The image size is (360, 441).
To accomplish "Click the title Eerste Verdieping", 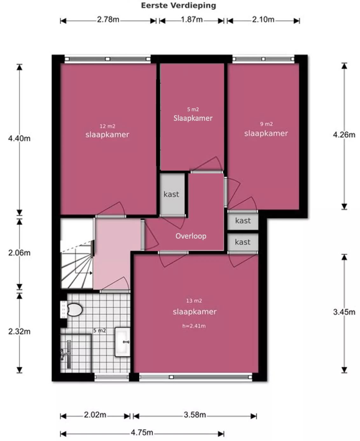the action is click(x=178, y=6).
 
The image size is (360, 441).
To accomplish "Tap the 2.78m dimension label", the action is click(x=108, y=19).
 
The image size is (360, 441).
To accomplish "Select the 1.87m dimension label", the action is click(x=192, y=19).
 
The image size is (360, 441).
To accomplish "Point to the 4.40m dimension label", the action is click(x=19, y=138).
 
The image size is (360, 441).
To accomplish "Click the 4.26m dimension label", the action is click(x=344, y=135).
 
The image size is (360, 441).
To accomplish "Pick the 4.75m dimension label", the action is click(x=142, y=432).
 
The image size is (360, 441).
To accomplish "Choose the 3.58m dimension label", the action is click(x=195, y=414).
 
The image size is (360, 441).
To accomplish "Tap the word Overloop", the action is click(x=191, y=236).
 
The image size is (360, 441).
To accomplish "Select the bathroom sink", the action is click(x=122, y=342).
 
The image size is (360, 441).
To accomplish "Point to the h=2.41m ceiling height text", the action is click(x=194, y=326).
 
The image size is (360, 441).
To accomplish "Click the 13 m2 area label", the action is click(x=194, y=301).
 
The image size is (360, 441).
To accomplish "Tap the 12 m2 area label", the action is click(x=107, y=126).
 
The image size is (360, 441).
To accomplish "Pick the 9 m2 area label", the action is click(x=267, y=124).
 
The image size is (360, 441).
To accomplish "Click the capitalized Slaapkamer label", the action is click(x=193, y=118).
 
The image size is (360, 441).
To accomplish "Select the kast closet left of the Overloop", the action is click(x=171, y=194).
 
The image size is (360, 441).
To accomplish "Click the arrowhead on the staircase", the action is click(x=91, y=273).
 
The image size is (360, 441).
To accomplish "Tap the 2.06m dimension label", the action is click(x=19, y=253).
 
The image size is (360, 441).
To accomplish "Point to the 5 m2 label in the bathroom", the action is click(x=100, y=331).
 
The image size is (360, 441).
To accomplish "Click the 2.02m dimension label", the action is click(x=95, y=414).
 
